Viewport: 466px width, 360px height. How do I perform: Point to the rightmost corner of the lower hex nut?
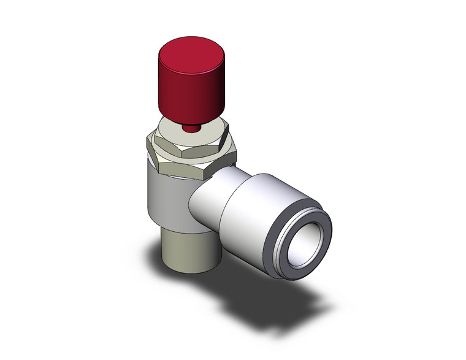point(237,161)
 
